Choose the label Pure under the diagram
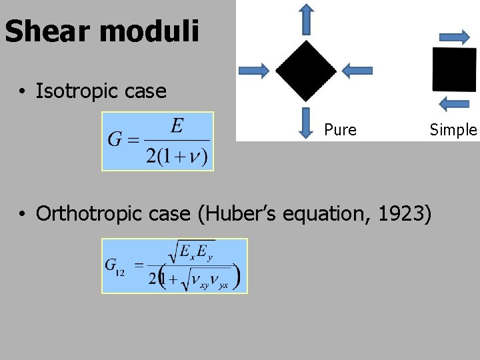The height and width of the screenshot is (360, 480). pos(340,130)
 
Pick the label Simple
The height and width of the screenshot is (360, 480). pos(453,130)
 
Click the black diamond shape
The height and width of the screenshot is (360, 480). pos(306,70)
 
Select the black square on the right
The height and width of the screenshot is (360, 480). pos(455,69)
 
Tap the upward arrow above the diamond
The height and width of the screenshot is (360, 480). pos(306,19)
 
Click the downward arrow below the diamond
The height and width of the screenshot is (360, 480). pos(306,123)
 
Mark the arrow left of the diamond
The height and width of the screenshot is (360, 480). pos(254,70)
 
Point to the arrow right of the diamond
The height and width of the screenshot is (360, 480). pos(357,70)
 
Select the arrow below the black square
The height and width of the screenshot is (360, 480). pos(456,103)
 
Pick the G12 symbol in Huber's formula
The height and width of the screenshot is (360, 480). pos(115,265)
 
